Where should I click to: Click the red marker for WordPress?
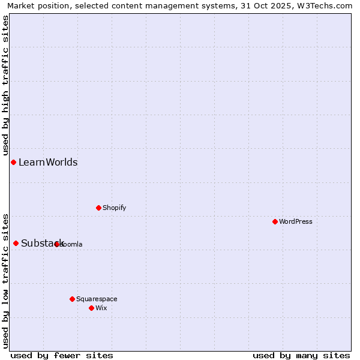click(x=275, y=221)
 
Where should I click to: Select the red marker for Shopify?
click(x=98, y=208)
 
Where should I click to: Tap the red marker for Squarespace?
click(x=72, y=299)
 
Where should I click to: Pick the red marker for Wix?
click(x=91, y=308)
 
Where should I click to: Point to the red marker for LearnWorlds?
click(x=13, y=162)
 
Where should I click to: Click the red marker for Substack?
click(x=16, y=243)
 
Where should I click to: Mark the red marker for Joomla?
click(x=57, y=244)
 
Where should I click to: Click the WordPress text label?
click(x=296, y=221)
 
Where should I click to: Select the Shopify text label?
click(x=115, y=208)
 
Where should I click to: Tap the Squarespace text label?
click(x=97, y=299)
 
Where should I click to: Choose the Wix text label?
click(x=101, y=308)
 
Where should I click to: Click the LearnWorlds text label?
click(x=48, y=162)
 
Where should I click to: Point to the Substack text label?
click(x=42, y=243)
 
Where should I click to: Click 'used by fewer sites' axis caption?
click(x=62, y=355)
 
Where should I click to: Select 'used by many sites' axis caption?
click(x=301, y=355)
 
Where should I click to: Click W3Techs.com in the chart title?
click(x=328, y=5)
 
